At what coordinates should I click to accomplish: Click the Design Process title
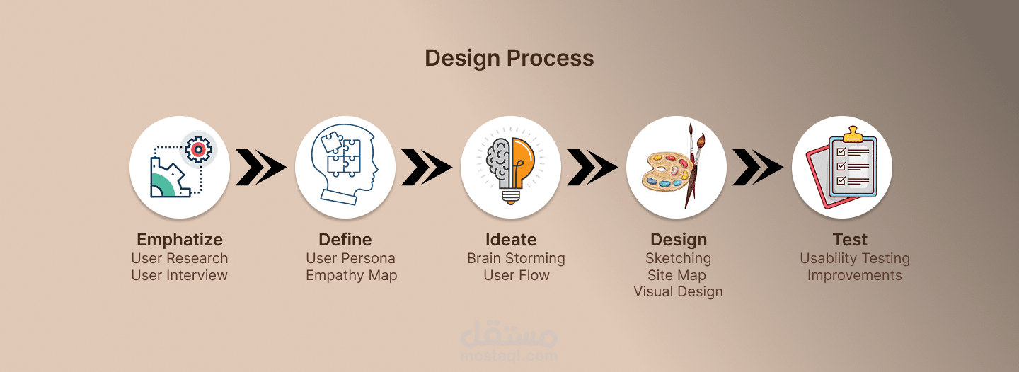click(509, 58)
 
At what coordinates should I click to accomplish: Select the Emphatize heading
click(180, 240)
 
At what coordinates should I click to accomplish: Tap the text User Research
click(179, 258)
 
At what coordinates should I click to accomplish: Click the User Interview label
click(179, 275)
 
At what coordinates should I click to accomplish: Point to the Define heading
click(345, 239)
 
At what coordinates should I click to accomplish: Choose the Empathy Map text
click(351, 276)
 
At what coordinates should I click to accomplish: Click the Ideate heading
click(511, 239)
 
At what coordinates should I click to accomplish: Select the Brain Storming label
click(516, 258)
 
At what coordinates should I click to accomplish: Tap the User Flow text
click(517, 275)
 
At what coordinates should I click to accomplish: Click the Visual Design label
click(678, 291)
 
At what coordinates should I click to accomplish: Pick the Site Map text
click(677, 275)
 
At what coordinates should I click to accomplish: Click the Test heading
click(850, 239)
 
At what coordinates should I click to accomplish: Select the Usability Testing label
click(854, 258)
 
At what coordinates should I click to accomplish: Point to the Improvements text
click(854, 275)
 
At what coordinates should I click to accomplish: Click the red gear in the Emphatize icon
click(198, 149)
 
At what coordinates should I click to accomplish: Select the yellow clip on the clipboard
click(853, 134)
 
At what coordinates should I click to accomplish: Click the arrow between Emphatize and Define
click(260, 167)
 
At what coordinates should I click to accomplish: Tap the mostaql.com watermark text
click(509, 355)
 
